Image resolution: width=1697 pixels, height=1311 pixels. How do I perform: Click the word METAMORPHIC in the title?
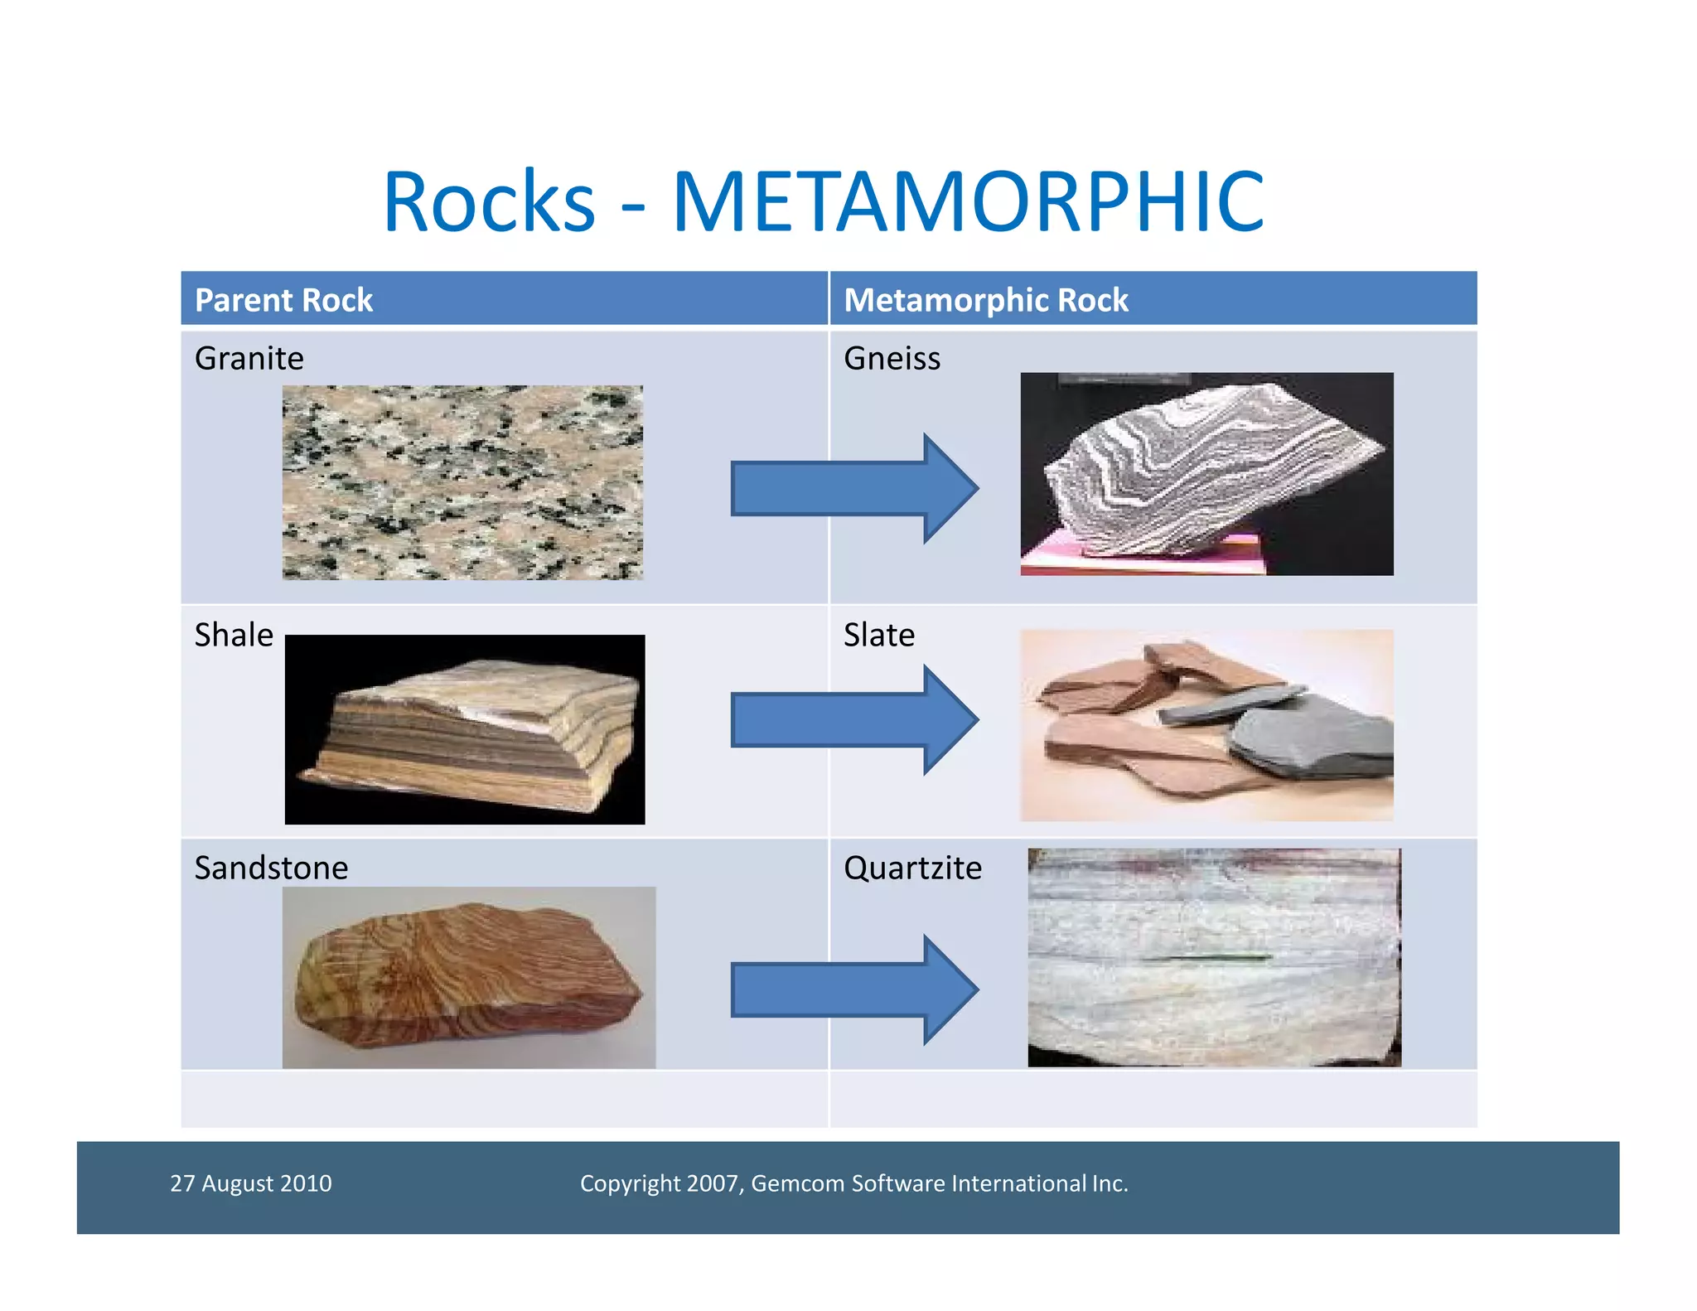[967, 201]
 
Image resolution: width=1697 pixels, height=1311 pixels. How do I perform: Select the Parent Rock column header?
[283, 300]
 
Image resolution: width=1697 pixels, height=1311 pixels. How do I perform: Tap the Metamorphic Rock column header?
[985, 300]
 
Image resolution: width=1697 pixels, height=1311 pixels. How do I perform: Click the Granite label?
[249, 359]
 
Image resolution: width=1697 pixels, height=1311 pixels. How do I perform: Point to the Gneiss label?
[892, 359]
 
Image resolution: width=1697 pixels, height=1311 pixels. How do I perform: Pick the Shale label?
[234, 636]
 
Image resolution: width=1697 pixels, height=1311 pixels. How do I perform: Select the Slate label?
[879, 636]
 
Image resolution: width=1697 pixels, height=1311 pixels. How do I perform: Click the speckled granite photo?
[462, 482]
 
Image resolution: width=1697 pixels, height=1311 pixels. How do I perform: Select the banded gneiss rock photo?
[1206, 474]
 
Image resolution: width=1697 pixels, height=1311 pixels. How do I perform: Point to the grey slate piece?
[1309, 738]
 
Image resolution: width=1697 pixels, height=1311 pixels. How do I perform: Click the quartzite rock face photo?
[1214, 957]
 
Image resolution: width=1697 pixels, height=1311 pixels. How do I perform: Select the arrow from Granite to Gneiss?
[853, 489]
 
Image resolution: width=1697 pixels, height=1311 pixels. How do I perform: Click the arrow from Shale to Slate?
[853, 720]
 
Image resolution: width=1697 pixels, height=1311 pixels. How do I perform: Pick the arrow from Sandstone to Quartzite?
[853, 989]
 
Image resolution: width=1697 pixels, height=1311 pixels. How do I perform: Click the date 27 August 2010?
[251, 1183]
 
